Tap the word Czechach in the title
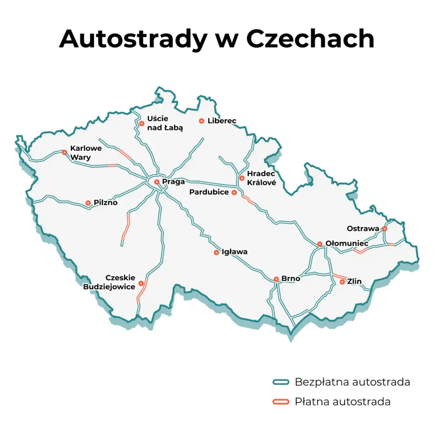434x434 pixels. [310, 39]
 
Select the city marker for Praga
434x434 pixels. [156, 182]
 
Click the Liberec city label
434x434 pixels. [222, 121]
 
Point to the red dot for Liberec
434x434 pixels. [201, 121]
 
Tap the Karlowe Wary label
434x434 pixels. [86, 153]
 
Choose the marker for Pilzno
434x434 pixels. [88, 203]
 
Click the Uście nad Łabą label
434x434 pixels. [164, 123]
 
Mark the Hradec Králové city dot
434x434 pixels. [242, 178]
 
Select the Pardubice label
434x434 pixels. [209, 192]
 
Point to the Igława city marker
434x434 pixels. [216, 253]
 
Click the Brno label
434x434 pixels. [291, 279]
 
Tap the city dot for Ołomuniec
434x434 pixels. [320, 244]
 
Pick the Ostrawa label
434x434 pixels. [363, 229]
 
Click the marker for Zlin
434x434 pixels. [342, 281]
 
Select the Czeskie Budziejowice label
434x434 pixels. [109, 282]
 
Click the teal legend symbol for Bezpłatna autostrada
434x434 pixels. [281, 382]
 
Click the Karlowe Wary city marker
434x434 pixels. [64, 153]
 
